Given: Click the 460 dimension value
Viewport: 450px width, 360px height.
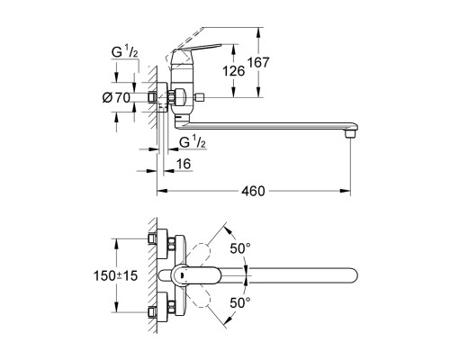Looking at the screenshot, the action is click(x=253, y=191).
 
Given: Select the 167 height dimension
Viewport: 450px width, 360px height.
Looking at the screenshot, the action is click(x=258, y=62).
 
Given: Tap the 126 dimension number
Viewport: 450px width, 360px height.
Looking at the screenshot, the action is click(x=233, y=71).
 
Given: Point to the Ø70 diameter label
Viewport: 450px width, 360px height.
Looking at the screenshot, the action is click(x=116, y=97).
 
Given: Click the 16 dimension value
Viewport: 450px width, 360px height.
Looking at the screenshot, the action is click(x=184, y=164).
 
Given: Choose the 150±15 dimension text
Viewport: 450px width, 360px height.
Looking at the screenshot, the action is click(x=116, y=275).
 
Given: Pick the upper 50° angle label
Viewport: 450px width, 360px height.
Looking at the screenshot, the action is click(x=240, y=248).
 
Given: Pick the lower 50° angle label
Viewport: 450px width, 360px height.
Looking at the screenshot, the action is click(x=240, y=303).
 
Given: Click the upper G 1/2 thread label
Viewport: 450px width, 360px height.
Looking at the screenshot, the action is click(x=124, y=51).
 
